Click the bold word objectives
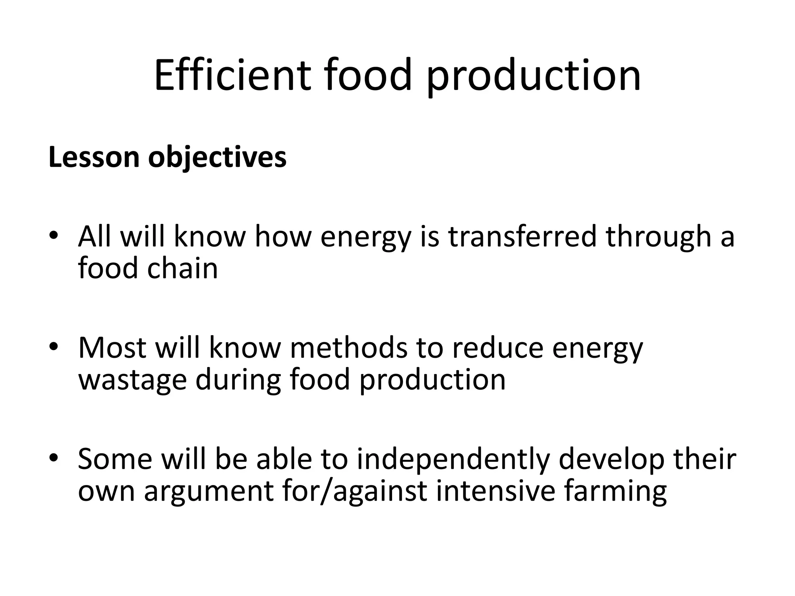click(217, 158)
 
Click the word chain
click(182, 268)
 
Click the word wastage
click(132, 380)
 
